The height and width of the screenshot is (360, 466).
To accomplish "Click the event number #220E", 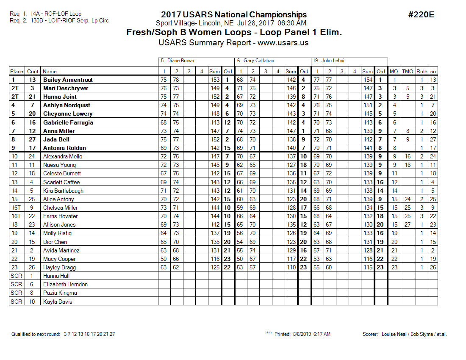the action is point(421,15).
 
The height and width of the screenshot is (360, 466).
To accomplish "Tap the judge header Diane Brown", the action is point(178,61).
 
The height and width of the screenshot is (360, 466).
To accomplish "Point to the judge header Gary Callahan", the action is point(255,61).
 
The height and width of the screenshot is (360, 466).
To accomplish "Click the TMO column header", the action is point(407,72).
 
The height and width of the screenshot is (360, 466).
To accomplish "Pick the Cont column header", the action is point(33,72).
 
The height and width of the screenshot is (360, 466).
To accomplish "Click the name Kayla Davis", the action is point(58,302).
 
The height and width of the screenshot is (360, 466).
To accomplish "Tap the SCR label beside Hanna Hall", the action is point(16,276).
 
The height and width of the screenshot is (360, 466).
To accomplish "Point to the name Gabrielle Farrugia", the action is point(68,122).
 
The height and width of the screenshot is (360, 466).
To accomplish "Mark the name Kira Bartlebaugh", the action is point(63,191).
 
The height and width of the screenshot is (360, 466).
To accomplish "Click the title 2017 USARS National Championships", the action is point(234,15).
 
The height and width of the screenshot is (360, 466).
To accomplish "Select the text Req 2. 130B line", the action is point(59,20).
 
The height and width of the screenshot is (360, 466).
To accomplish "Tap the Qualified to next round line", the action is point(63,334).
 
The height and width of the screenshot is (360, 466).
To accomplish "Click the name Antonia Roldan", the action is point(64,148).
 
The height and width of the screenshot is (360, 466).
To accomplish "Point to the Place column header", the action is point(17,72).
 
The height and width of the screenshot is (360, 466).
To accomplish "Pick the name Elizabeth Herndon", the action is point(65,284).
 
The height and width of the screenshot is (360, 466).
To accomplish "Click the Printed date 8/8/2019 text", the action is point(302,334).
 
